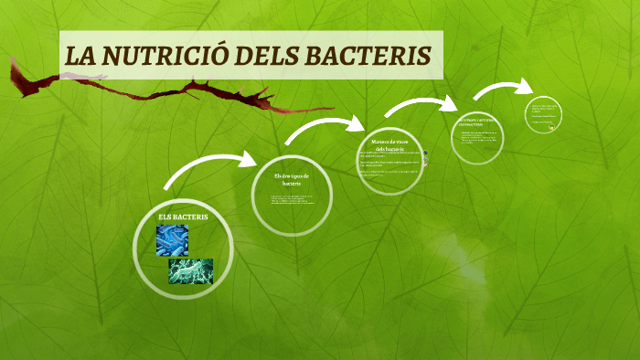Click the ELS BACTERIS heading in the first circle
(183, 217)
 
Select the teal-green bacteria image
(190, 271)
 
